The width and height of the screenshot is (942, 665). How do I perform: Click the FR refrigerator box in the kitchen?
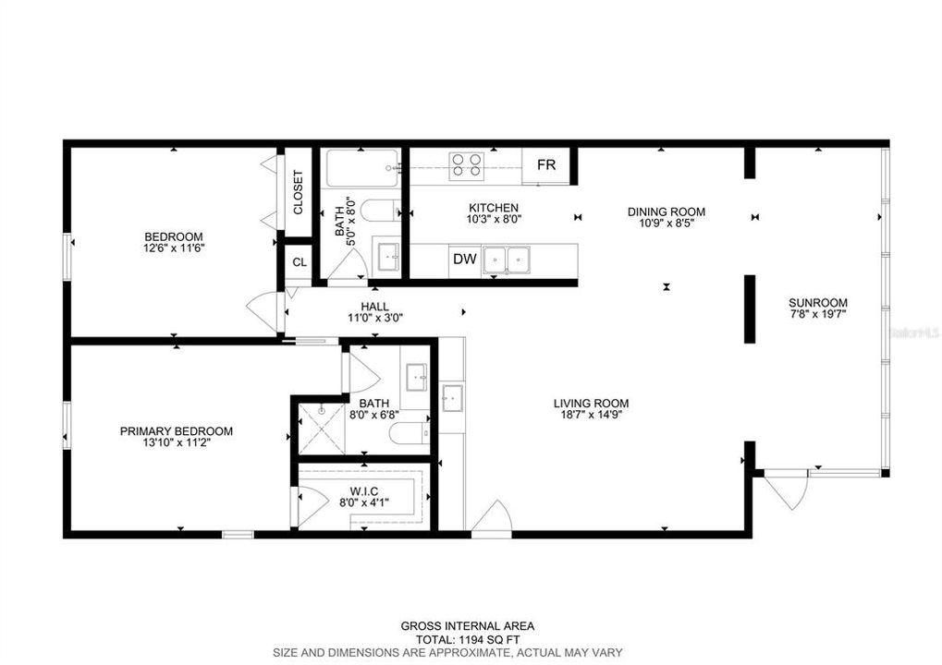click(546, 165)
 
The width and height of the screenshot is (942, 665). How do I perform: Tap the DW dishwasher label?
click(464, 260)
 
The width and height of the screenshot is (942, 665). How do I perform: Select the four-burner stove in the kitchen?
click(466, 165)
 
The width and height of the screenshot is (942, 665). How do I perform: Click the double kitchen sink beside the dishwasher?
click(507, 260)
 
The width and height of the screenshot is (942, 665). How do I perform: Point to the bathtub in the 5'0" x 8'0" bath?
click(361, 168)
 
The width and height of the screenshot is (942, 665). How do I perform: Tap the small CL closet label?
click(299, 261)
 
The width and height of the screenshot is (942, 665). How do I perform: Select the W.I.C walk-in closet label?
click(363, 490)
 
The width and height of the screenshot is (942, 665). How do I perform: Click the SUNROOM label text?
click(817, 302)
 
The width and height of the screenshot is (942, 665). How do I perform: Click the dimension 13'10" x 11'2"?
click(176, 443)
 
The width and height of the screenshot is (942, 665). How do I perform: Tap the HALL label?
click(374, 307)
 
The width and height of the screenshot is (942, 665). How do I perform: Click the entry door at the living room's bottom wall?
click(492, 518)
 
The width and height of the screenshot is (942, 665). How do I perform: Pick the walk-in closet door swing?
click(311, 506)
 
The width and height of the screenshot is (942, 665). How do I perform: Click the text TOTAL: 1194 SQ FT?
click(467, 638)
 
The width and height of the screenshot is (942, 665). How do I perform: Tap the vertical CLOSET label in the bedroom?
click(298, 192)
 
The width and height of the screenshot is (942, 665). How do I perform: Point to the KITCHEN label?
click(493, 208)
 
